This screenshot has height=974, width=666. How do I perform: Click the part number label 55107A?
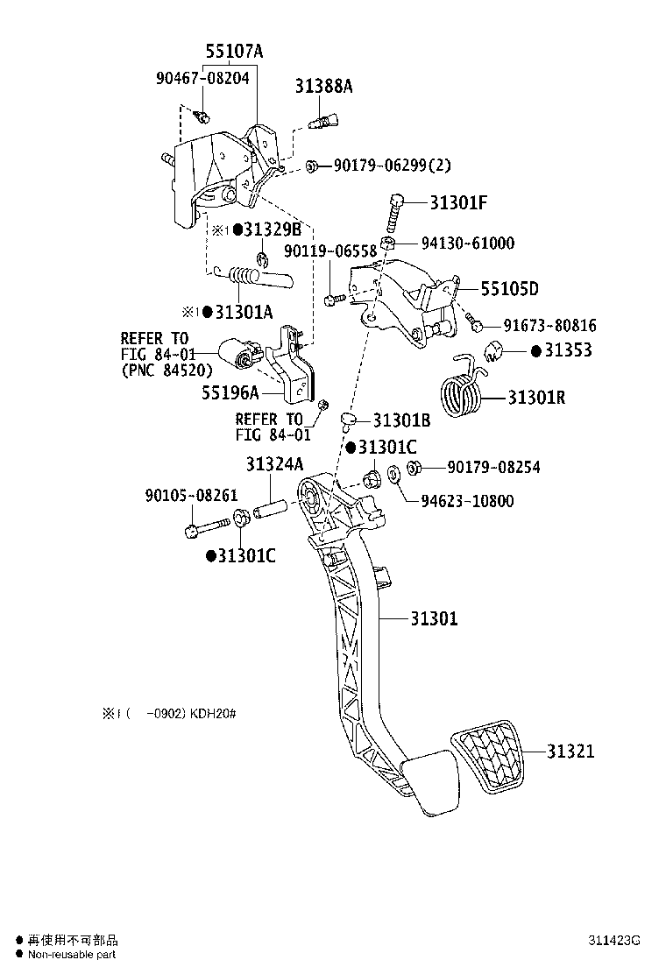[234, 52]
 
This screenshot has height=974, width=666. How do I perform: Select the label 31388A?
[323, 86]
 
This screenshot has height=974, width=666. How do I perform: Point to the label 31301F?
[457, 203]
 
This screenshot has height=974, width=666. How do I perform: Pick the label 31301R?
[536, 398]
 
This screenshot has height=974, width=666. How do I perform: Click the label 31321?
[570, 751]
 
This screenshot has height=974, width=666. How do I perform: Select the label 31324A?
[274, 463]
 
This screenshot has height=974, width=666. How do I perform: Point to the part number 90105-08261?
[191, 495]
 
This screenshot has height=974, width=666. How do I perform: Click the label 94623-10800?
[467, 501]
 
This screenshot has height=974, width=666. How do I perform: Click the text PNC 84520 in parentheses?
[166, 371]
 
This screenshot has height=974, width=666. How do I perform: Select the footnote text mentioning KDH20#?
[169, 714]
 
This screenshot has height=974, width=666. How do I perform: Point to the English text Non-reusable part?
[71, 955]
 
